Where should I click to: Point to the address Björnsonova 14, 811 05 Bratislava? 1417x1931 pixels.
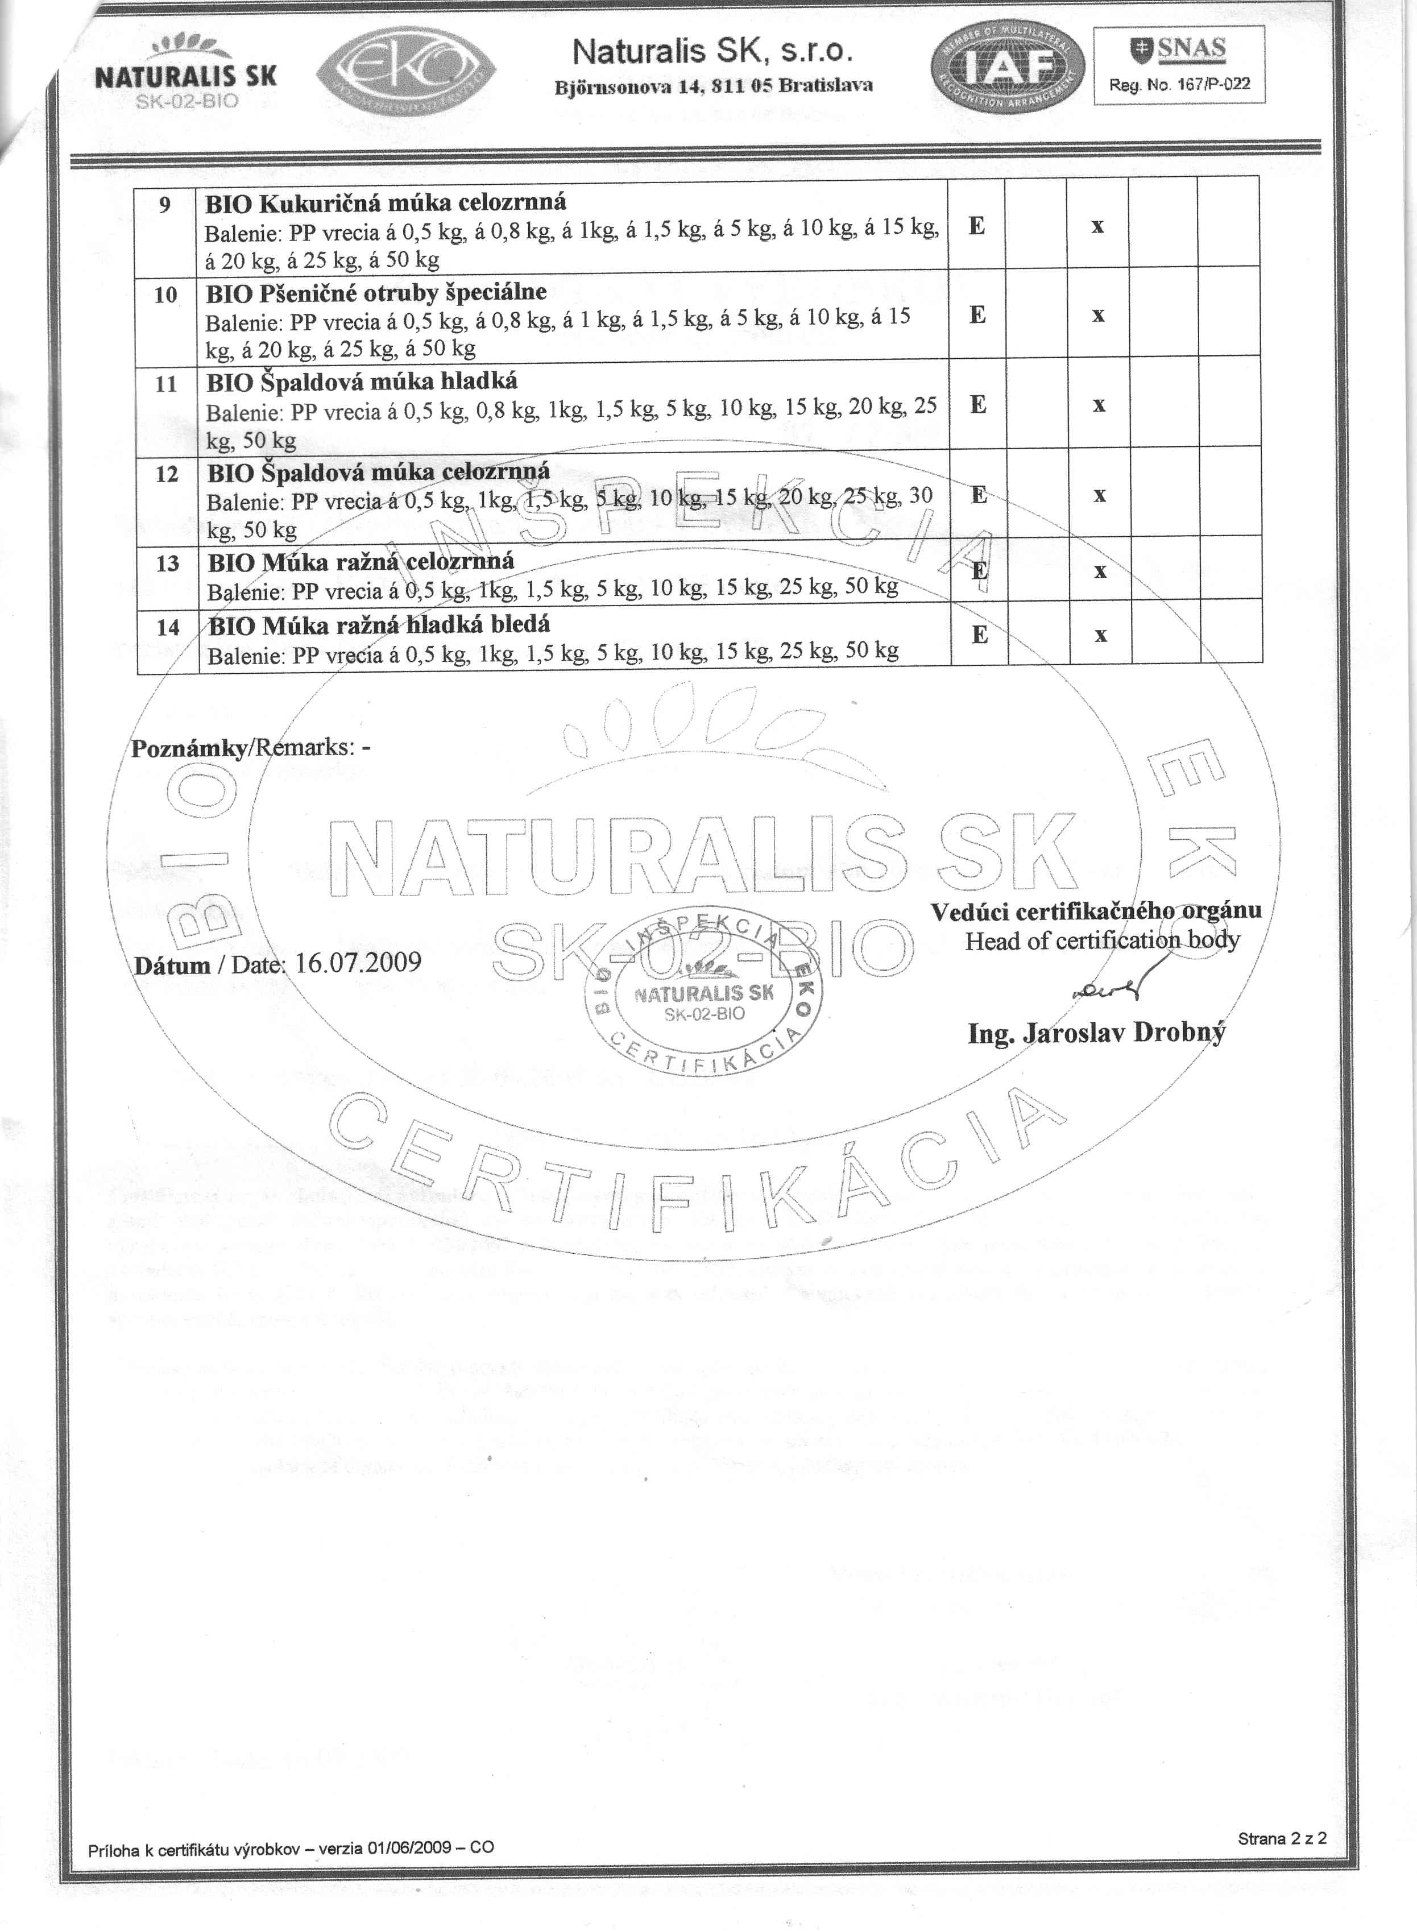713,85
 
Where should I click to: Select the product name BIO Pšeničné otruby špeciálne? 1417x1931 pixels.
376,292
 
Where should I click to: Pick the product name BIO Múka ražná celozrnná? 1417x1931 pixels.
361,562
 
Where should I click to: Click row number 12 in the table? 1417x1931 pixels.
167,474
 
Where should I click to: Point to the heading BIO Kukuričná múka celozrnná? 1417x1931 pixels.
385,204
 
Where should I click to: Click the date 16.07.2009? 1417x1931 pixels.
358,962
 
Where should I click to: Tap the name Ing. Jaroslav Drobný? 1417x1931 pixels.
1096,1032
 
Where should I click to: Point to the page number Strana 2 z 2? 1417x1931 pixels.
1282,1862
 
